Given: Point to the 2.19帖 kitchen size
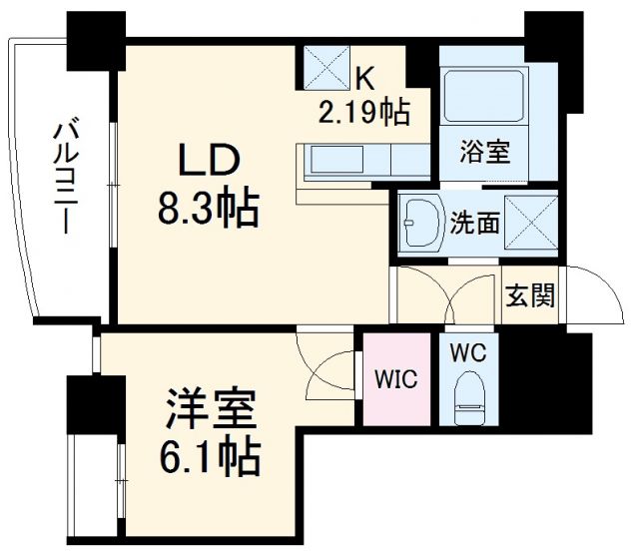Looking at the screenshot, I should [363, 112].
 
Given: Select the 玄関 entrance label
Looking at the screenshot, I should [530, 296].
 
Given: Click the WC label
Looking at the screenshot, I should [467, 353].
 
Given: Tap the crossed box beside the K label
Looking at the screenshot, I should [326, 66].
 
